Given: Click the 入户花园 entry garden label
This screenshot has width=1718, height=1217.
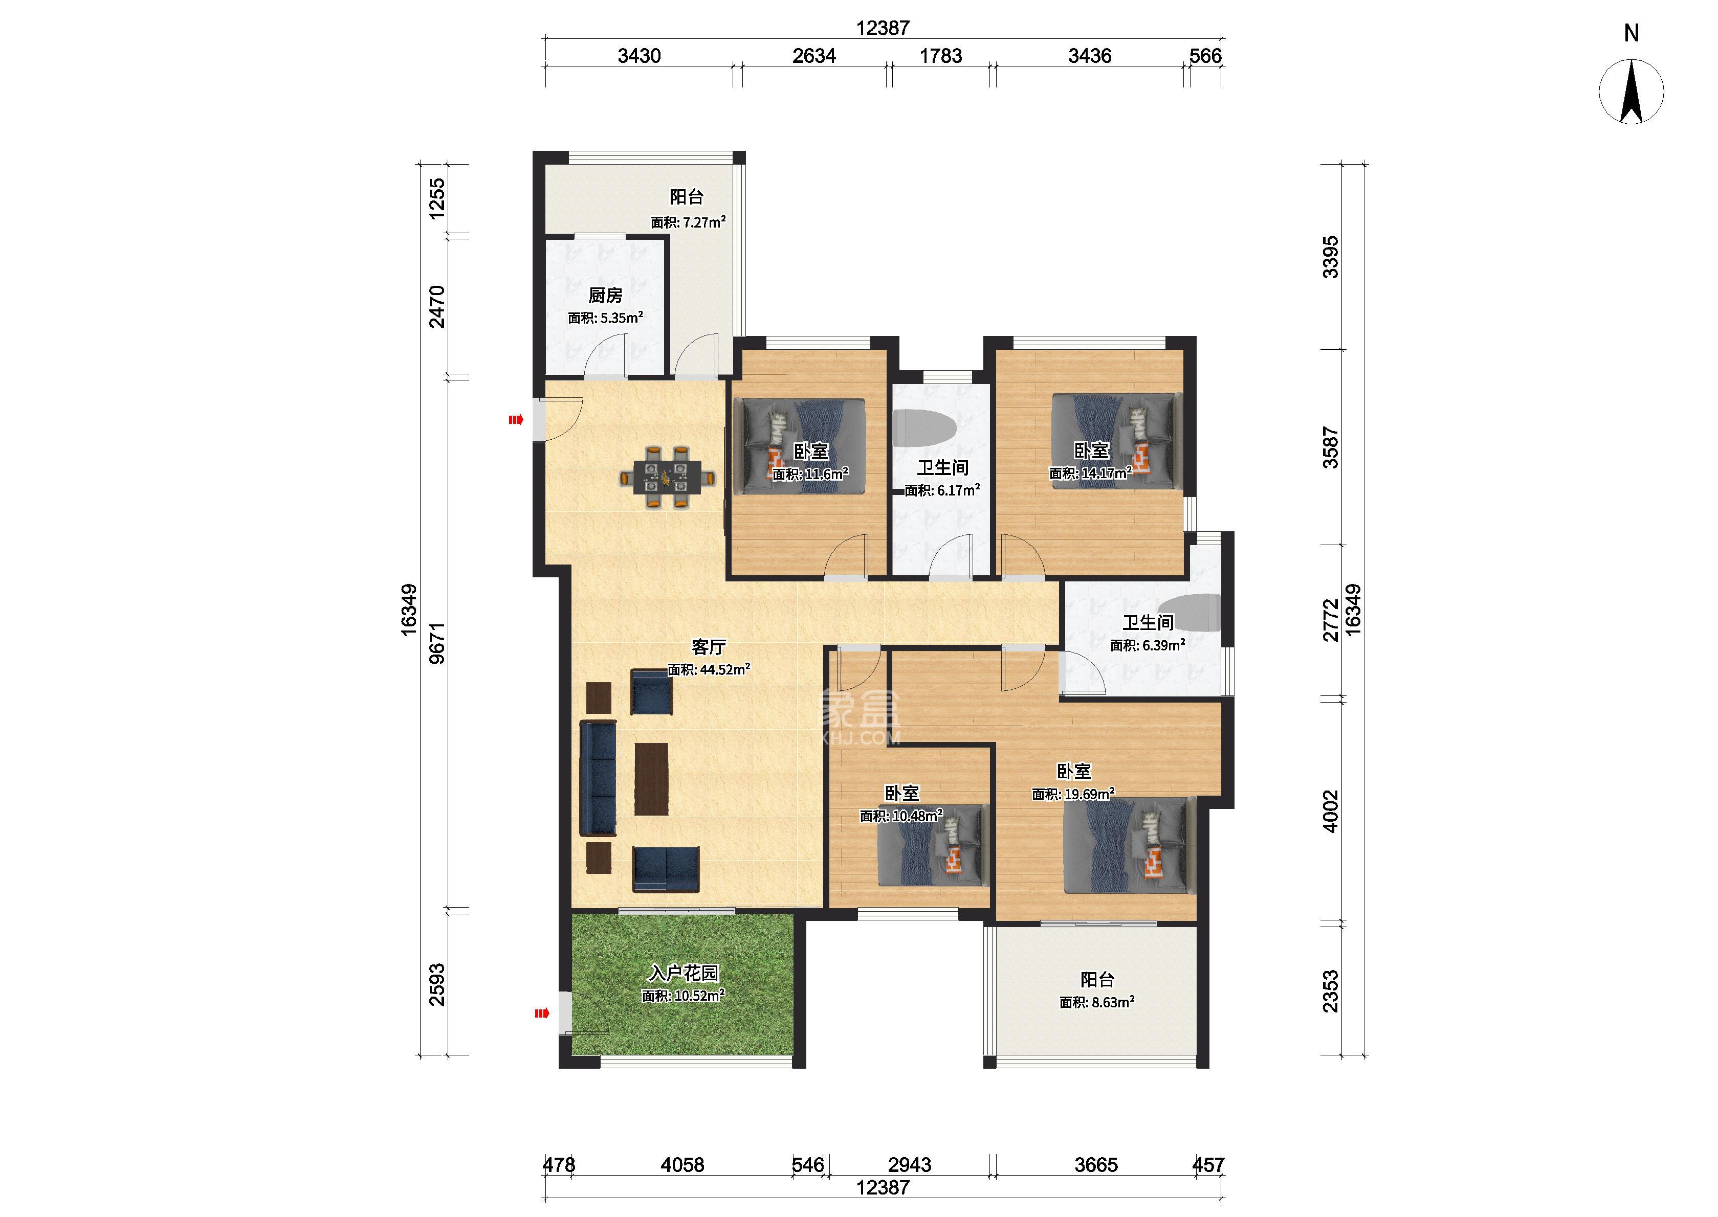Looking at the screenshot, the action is pos(684,973).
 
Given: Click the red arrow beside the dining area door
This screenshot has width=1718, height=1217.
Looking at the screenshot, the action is pos(516,420).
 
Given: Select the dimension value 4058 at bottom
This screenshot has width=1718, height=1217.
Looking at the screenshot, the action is pos(682,1164).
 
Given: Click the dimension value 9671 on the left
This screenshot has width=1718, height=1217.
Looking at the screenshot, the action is pos(436,643).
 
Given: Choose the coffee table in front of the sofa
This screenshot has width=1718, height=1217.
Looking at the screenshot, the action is pos(651,779).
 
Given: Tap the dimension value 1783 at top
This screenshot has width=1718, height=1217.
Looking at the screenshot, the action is pos(941,55).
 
